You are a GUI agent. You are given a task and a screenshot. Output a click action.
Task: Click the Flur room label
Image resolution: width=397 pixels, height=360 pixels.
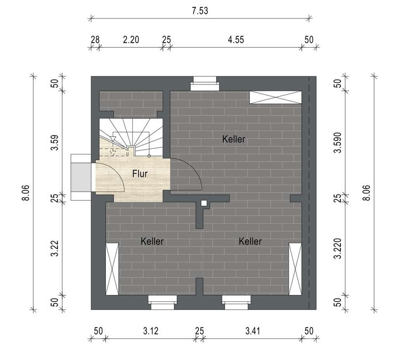click(140, 174)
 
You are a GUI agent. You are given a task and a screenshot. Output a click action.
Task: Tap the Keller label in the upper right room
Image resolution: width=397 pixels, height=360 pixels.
click(234, 139)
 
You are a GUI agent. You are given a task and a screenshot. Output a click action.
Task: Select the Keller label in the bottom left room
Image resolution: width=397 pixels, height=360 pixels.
click(152, 241)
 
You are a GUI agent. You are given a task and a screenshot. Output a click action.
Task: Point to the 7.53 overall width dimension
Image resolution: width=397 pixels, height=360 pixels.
click(200, 11)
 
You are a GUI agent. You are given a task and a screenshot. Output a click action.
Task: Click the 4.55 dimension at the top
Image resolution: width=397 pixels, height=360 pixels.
click(236, 40)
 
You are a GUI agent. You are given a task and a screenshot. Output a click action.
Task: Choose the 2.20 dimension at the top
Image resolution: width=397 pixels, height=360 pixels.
click(131, 40)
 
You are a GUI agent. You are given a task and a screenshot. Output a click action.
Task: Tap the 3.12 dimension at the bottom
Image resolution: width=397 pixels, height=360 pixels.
click(151, 331)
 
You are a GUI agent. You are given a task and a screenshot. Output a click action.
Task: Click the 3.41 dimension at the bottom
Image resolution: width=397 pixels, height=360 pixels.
click(253, 331)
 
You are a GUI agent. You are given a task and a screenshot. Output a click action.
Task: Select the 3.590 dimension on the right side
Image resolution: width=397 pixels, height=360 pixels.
click(338, 143)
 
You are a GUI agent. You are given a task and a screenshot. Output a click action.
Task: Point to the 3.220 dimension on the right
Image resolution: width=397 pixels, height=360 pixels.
click(338, 249)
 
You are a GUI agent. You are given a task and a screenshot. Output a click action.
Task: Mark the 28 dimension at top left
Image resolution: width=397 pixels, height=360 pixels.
click(95, 40)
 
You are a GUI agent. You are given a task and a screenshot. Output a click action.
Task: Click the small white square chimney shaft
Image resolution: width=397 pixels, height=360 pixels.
click(204, 203)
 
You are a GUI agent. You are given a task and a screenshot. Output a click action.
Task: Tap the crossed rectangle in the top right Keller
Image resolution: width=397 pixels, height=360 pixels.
click(276, 97)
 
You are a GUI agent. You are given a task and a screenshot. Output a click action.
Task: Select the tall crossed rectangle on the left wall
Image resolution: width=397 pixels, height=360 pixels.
click(112, 269)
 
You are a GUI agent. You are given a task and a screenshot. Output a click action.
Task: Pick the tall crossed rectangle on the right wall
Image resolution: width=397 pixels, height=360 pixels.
click(295, 269)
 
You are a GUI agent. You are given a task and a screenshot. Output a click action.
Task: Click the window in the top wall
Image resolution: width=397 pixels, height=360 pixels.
click(205, 84)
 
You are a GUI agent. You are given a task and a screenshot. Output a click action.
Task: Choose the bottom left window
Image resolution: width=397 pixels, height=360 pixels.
click(162, 302)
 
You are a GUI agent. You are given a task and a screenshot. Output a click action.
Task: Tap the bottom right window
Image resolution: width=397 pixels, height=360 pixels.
click(236, 302)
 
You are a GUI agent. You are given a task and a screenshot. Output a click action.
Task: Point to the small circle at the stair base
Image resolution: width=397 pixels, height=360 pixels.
click(149, 156)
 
